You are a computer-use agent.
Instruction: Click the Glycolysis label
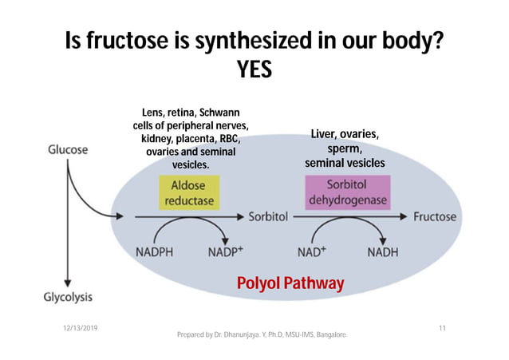point(67,296)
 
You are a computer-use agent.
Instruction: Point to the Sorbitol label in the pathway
point(269,216)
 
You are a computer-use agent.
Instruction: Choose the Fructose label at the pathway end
point(435,216)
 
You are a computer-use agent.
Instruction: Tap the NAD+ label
point(313,251)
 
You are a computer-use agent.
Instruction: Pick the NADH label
point(384,251)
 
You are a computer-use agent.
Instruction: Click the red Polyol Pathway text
point(290,283)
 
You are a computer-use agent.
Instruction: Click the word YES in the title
point(254,71)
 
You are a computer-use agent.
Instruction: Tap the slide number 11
point(442,328)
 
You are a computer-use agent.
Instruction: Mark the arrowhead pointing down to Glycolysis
point(68,282)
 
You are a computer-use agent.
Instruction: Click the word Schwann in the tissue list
point(219,113)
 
